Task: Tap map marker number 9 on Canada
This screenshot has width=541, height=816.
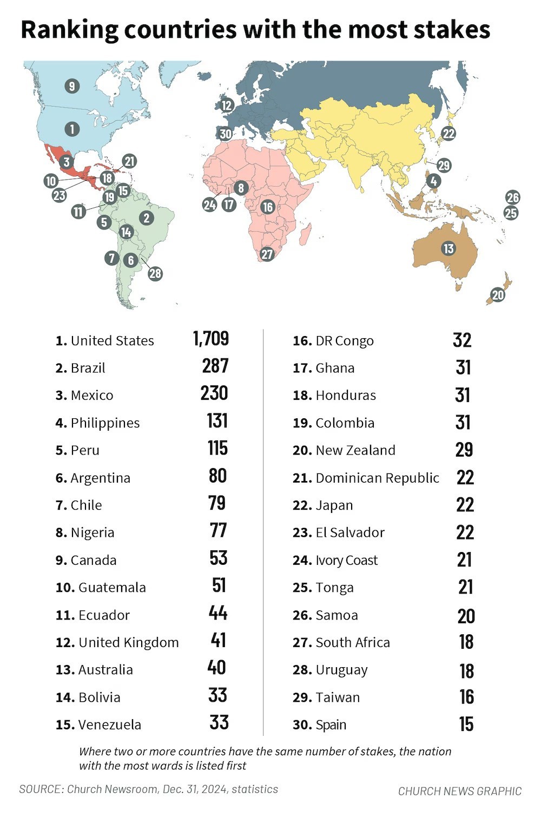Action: (x=71, y=85)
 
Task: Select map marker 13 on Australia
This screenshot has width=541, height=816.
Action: (x=448, y=248)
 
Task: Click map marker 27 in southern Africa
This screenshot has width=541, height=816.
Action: (x=267, y=254)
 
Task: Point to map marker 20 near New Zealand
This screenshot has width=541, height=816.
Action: (x=498, y=295)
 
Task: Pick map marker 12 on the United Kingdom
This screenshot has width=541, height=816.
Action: (x=226, y=106)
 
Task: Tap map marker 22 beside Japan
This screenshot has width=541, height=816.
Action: (x=448, y=133)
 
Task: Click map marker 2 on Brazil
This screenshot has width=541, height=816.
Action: (x=146, y=218)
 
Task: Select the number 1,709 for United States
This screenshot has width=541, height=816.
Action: (x=211, y=339)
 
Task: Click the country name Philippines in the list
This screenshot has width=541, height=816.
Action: (x=105, y=423)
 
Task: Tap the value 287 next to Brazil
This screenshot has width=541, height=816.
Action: (x=215, y=366)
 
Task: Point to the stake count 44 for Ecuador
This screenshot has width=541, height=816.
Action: (x=218, y=613)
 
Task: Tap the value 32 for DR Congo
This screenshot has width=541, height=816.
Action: (x=463, y=340)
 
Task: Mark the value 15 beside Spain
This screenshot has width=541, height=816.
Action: (x=466, y=724)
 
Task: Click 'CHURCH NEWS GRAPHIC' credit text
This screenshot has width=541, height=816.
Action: (x=460, y=791)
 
